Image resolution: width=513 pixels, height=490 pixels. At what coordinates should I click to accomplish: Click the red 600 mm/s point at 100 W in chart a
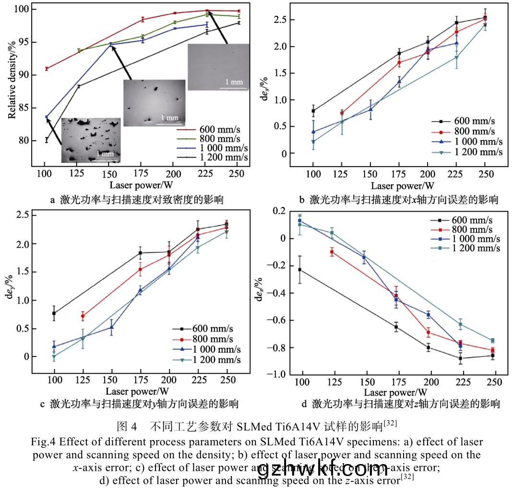[x=47, y=69]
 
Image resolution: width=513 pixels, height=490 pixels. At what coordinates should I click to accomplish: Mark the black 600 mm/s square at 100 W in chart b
[x=313, y=111]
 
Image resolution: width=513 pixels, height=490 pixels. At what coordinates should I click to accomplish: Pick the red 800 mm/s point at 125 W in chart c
[x=83, y=316]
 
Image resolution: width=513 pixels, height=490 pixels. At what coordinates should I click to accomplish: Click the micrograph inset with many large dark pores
[x=91, y=140]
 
